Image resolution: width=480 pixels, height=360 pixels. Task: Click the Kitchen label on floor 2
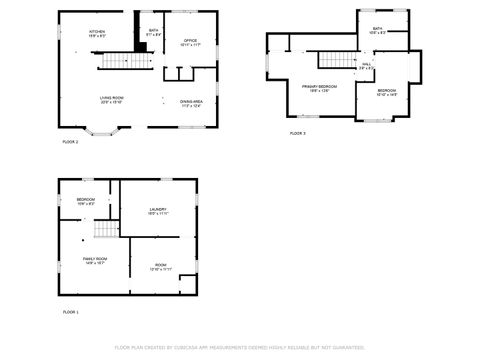[x=97, y=33]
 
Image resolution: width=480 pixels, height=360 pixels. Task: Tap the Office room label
[x=190, y=43]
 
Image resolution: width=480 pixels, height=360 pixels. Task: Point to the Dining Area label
[x=191, y=102]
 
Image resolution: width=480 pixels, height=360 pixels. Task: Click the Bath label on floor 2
[x=153, y=33]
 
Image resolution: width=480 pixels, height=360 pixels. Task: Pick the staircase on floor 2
[x=115, y=63]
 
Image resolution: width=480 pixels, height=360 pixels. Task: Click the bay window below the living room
[x=104, y=130]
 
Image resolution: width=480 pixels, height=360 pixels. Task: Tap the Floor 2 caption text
[x=70, y=143]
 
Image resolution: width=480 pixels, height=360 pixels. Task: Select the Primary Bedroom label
[x=319, y=88]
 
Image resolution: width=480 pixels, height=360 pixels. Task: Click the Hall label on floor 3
[x=366, y=66]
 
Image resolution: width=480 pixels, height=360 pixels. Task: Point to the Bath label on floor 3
[x=377, y=31]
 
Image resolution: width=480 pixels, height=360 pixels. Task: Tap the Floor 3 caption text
[x=297, y=133]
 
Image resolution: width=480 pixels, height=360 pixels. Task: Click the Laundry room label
[x=158, y=211]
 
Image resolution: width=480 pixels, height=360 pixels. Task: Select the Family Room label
[x=95, y=261]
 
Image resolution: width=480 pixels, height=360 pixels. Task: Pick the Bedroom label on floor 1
[x=86, y=201]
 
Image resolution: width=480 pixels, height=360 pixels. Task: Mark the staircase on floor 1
[x=104, y=231]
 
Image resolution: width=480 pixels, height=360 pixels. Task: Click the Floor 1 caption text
[x=70, y=313]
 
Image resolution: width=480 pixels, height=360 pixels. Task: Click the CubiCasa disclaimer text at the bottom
[x=239, y=348]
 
